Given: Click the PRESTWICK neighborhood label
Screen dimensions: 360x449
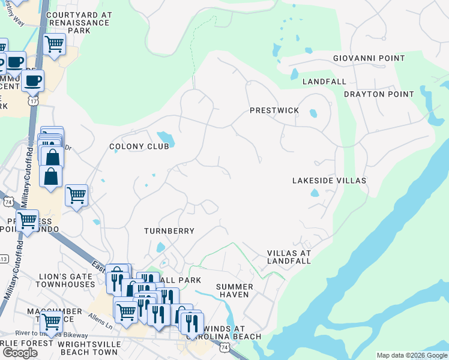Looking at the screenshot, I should pyautogui.click(x=274, y=111).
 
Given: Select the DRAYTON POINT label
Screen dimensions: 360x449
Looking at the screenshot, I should pyautogui.click(x=379, y=94).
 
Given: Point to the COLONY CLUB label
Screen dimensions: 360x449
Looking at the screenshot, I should pyautogui.click(x=135, y=146).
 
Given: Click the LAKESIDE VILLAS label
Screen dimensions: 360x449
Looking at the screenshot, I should pyautogui.click(x=329, y=181).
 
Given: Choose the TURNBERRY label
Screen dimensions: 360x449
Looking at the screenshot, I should pyautogui.click(x=169, y=231).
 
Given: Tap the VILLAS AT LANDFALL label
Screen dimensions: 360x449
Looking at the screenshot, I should pyautogui.click(x=289, y=257).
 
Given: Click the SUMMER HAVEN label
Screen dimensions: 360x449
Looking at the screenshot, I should pyautogui.click(x=235, y=291).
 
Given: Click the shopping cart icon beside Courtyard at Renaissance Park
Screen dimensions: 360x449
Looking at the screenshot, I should pyautogui.click(x=55, y=44).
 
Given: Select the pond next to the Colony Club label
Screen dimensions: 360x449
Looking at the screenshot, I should pyautogui.click(x=166, y=139).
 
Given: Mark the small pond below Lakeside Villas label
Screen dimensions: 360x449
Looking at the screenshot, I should pyautogui.click(x=315, y=193).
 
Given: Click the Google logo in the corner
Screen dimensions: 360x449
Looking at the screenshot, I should pyautogui.click(x=20, y=353).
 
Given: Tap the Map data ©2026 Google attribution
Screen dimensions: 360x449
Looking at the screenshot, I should pyautogui.click(x=411, y=355).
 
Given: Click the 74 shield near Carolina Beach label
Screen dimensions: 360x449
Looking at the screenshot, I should pyautogui.click(x=224, y=347).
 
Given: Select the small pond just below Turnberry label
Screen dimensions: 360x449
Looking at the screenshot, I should pyautogui.click(x=160, y=247).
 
